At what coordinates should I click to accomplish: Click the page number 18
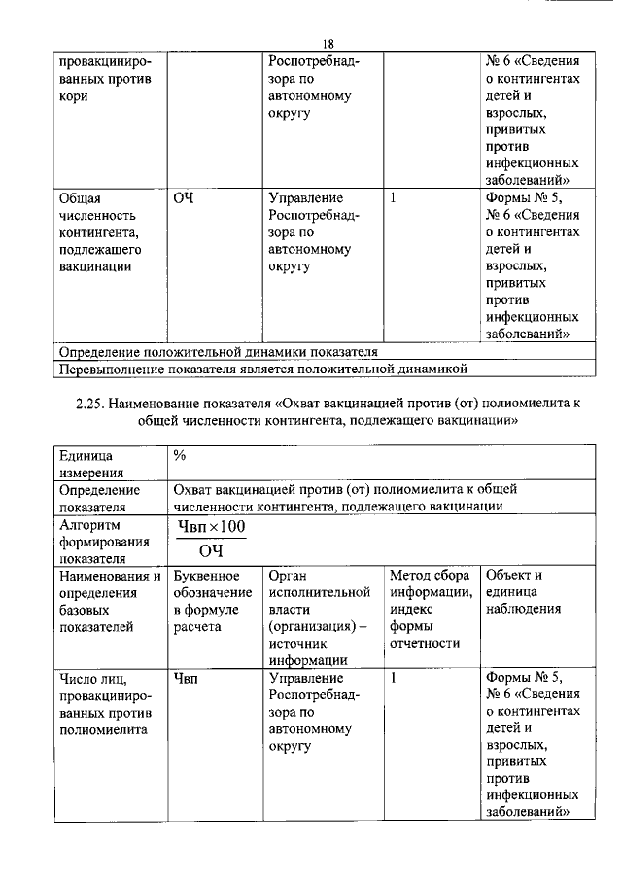point(328,44)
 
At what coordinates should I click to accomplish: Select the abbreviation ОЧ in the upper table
point(184,199)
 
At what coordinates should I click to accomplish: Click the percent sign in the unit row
point(180,454)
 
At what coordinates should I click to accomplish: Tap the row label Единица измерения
point(86,463)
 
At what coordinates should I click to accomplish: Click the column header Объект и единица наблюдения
point(526,592)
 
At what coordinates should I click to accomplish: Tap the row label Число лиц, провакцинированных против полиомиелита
point(103,702)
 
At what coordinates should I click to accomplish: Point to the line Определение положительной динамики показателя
point(219,351)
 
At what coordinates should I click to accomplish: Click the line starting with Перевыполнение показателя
point(263,369)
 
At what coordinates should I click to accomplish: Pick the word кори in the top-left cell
point(74,98)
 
